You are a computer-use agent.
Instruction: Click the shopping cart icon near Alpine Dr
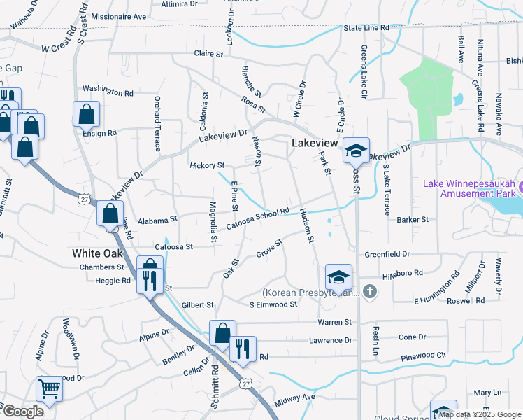coord(49,388)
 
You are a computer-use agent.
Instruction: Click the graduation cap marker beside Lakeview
coord(356,150)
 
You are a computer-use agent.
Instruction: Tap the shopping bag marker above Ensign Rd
coord(86,113)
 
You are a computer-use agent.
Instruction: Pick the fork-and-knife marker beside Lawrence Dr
coord(243,349)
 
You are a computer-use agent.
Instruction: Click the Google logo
coord(22,412)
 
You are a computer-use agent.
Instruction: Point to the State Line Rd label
coord(366,28)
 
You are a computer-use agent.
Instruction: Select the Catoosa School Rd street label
coord(258,218)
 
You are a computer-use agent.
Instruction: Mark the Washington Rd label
coord(108,92)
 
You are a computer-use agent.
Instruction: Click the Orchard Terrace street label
coord(157,123)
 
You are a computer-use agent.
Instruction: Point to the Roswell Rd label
coord(466,300)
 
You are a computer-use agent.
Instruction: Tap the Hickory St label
coord(207,165)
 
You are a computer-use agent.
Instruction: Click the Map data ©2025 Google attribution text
coord(473,414)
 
